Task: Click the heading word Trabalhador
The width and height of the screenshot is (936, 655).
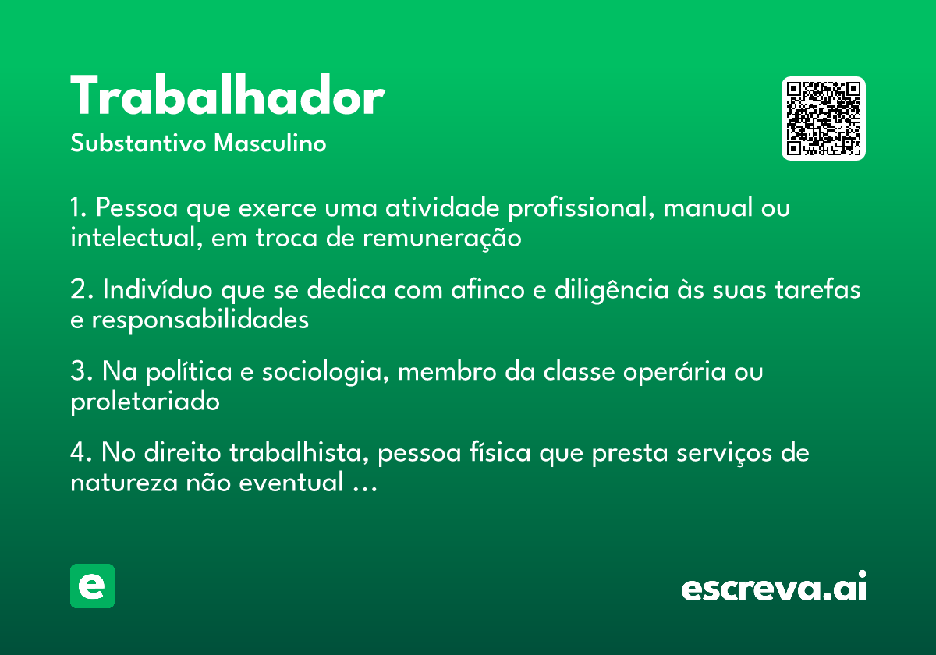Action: click(227, 95)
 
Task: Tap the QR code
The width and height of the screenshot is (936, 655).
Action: click(823, 119)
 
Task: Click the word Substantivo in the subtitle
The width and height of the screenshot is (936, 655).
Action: click(138, 143)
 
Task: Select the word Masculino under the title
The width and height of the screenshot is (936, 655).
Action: click(270, 143)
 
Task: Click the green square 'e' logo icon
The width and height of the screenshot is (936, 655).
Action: click(92, 586)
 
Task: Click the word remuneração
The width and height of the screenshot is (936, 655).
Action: click(442, 239)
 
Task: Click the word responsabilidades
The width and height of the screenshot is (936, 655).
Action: click(200, 320)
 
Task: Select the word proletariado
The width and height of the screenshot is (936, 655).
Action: click(145, 402)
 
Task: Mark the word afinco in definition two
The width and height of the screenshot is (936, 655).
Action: click(487, 289)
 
